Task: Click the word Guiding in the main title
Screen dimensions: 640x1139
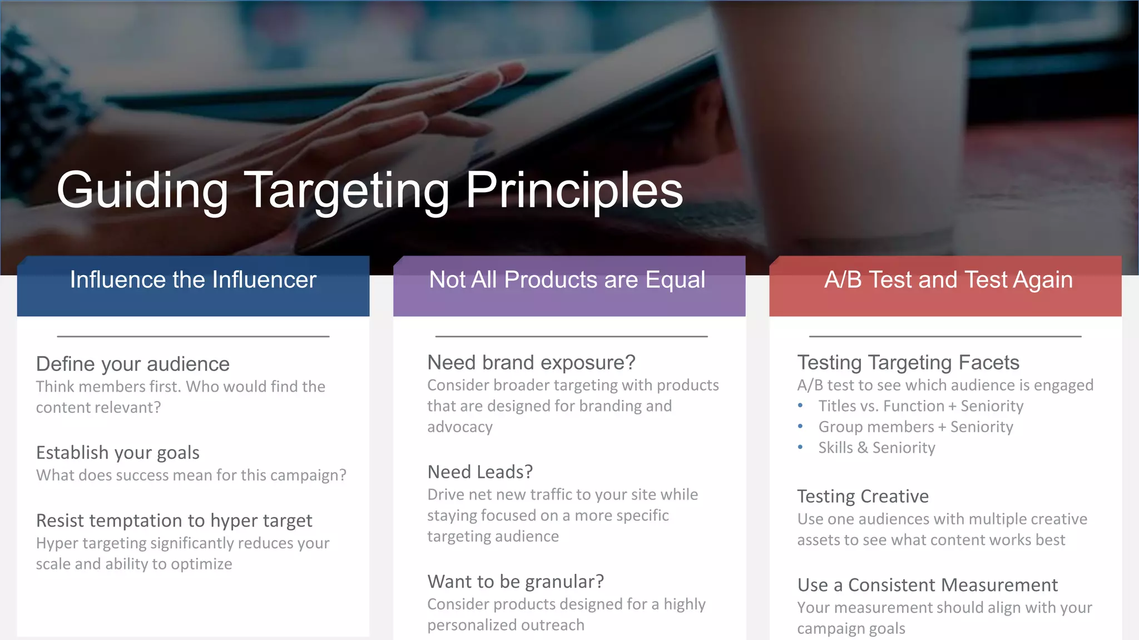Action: (142, 191)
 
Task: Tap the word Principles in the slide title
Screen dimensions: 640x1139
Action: (574, 191)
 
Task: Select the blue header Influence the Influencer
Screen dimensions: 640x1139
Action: (193, 280)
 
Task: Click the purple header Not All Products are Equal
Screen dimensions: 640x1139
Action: (567, 280)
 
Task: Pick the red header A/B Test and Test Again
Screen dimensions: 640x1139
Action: (948, 280)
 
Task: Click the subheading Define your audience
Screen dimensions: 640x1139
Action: (133, 364)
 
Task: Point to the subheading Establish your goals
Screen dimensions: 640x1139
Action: (118, 453)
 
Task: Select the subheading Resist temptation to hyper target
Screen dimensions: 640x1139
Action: (174, 521)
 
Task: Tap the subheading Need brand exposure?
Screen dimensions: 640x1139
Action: (531, 363)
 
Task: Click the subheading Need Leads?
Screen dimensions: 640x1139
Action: (480, 472)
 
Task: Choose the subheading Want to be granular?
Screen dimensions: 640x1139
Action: (516, 582)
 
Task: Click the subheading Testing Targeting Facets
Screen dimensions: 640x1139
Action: (908, 363)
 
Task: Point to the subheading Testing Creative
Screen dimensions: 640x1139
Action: (863, 496)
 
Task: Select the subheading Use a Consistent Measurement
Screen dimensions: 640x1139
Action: (927, 585)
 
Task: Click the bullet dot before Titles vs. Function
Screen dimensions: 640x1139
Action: (800, 406)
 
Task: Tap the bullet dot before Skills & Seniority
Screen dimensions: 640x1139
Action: (800, 447)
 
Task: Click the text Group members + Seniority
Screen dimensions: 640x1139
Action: (915, 427)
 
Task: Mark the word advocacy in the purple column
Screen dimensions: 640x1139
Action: (460, 427)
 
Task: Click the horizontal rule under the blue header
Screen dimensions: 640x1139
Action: (193, 336)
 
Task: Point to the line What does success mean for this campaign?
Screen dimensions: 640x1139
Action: (191, 476)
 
